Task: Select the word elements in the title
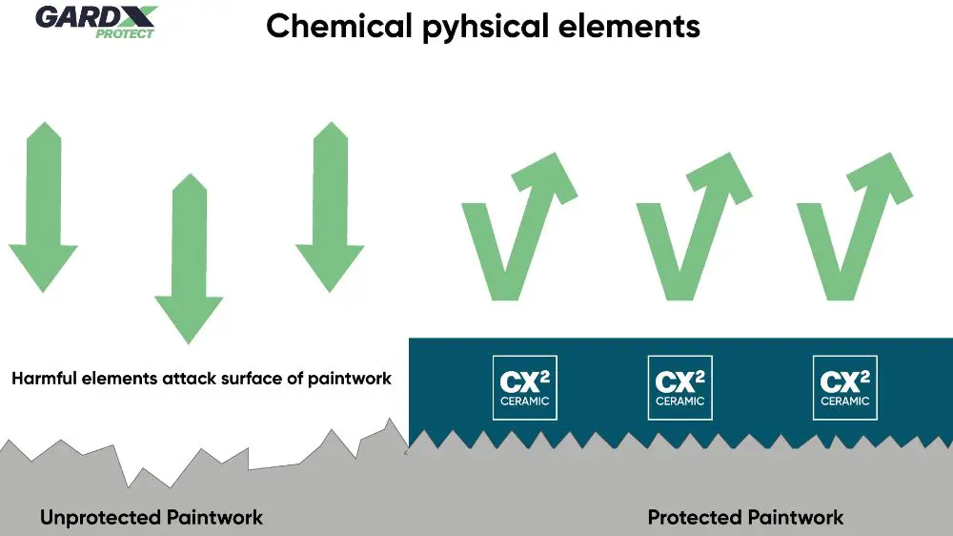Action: (x=638, y=26)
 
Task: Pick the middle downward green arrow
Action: (x=189, y=258)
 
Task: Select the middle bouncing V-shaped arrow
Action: (x=687, y=230)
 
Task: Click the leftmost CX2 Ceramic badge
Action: (x=523, y=388)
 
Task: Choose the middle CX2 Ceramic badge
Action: (x=679, y=388)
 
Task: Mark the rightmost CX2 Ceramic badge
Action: (x=844, y=388)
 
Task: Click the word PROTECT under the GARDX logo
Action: (x=124, y=32)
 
